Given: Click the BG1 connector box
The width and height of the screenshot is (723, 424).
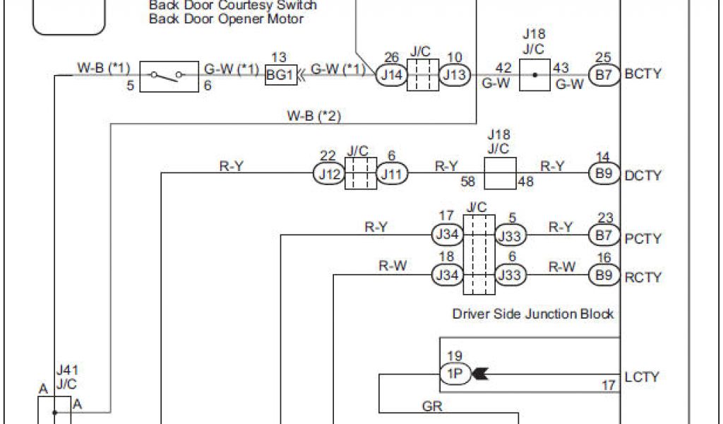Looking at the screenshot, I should click(x=281, y=76).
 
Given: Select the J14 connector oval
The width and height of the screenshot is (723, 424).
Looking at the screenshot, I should click(x=390, y=75).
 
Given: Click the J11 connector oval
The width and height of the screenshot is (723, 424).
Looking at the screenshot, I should click(x=391, y=174).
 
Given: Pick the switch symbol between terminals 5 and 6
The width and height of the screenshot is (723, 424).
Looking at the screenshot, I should click(x=170, y=76).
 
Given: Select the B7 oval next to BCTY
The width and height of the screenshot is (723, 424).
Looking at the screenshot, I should click(x=604, y=75).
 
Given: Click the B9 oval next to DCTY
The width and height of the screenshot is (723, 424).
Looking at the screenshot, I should click(x=604, y=174).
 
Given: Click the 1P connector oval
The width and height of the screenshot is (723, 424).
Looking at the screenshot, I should click(x=454, y=375).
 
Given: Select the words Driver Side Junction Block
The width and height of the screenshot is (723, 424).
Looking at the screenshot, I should click(x=533, y=314).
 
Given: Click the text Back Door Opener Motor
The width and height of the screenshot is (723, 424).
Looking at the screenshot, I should click(x=226, y=18).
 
